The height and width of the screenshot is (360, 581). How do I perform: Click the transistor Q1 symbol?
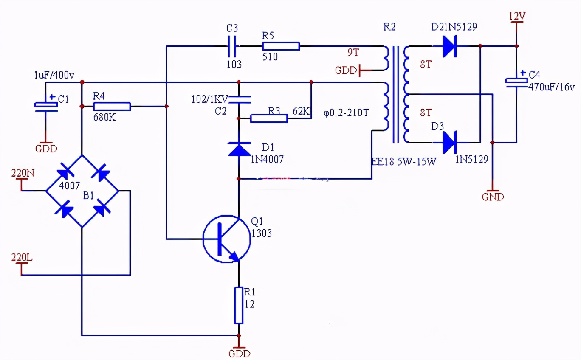pos(226,239)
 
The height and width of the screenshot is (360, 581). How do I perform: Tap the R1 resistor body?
pos(239,305)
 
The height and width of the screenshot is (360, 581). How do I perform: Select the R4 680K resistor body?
pos(112,106)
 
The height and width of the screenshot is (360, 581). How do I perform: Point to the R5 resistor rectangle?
pos(280,46)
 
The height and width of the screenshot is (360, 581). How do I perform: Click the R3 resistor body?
pos(269,118)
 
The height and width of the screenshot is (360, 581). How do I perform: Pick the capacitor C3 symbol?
pos(232,46)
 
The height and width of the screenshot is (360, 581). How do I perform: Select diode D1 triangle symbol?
pos(239,149)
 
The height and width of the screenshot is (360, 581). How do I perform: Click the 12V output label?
pos(517,16)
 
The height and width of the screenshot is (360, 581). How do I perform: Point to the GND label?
pos(493,197)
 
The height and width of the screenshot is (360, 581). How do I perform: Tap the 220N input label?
pos(23,173)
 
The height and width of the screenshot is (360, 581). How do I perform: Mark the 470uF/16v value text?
pos(552,87)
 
